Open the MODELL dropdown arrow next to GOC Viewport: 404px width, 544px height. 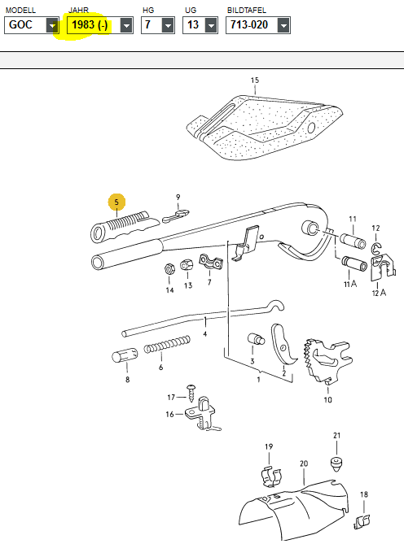tap(52, 25)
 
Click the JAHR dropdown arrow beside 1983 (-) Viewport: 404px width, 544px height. tap(126, 25)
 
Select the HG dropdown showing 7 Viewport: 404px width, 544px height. tap(158, 25)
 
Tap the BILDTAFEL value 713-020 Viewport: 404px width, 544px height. tap(249, 25)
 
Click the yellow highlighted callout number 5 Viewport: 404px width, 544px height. tap(116, 202)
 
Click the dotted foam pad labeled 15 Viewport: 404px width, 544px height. tap(264, 128)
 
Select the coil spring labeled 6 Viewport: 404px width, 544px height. tap(167, 345)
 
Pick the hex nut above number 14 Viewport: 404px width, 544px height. tap(169, 269)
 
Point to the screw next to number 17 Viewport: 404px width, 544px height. tap(191, 393)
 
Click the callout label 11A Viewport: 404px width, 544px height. tap(350, 284)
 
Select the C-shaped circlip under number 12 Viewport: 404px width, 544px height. tap(375, 248)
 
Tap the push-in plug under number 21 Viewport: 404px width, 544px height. tap(336, 463)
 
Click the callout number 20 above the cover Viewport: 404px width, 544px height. tap(304, 463)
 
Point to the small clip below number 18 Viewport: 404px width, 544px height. tap(362, 522)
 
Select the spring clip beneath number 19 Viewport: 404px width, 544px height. tap(271, 477)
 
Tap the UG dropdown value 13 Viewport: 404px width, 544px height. tap(193, 25)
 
